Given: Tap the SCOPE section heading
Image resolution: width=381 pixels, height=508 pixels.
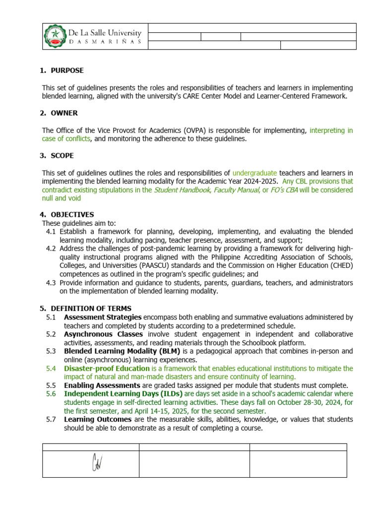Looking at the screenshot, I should [x=62, y=156].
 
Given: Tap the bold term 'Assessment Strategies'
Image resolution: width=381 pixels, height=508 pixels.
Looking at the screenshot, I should [x=103, y=317].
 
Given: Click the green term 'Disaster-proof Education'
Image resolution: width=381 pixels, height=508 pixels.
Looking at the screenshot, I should [x=107, y=369].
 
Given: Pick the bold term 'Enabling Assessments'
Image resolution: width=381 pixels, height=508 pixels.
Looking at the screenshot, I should [x=102, y=385].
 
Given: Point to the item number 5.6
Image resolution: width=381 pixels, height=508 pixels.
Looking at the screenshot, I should [x=51, y=394].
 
